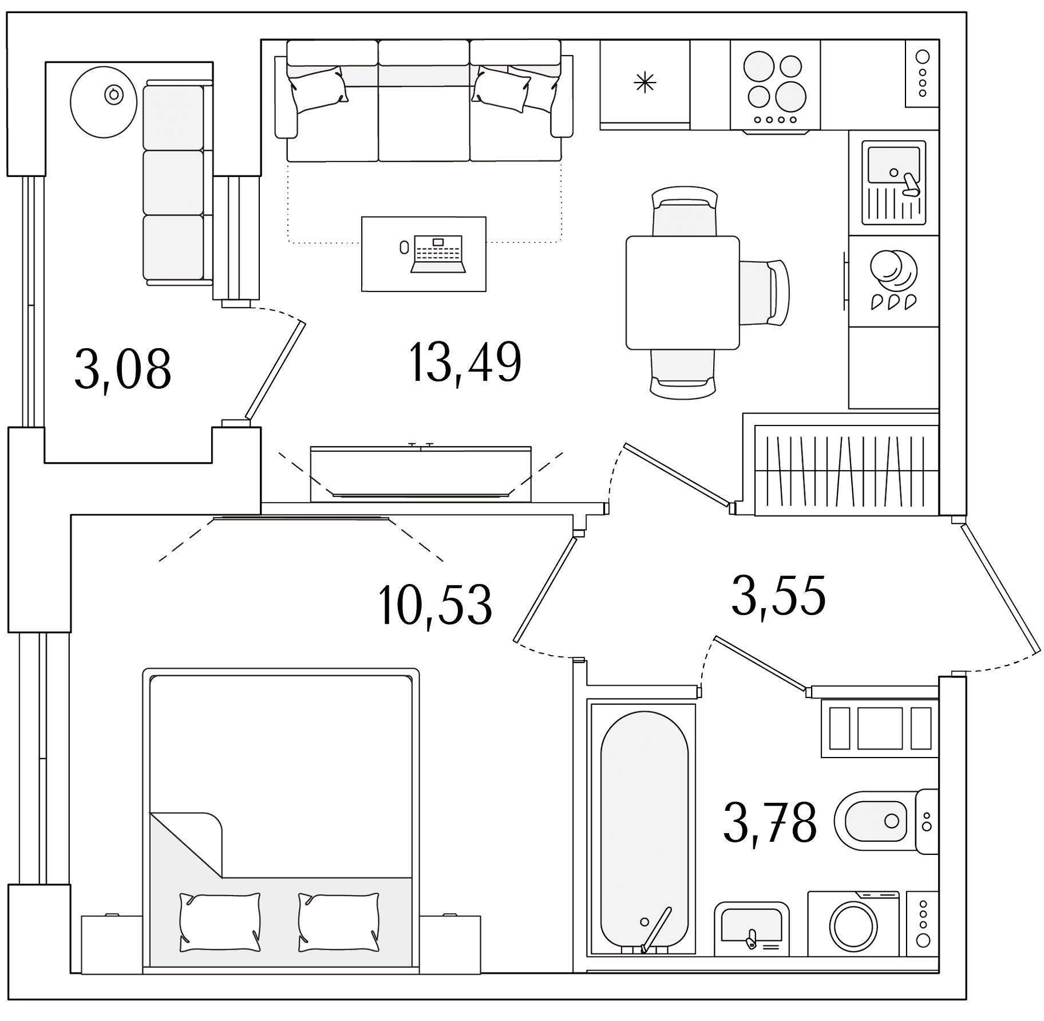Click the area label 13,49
pos(465,362)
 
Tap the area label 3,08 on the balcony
pos(122,369)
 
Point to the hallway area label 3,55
pos(778,596)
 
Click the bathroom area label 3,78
pos(770,823)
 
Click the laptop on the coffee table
pos(438,253)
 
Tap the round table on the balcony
pos(104,102)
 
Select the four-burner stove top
pos(775,85)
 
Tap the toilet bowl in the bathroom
pos(871,821)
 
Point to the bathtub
pos(644,829)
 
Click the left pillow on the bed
pos(220,923)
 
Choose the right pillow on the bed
pos(339,923)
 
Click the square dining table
pos(682,293)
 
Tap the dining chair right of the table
pos(765,292)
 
